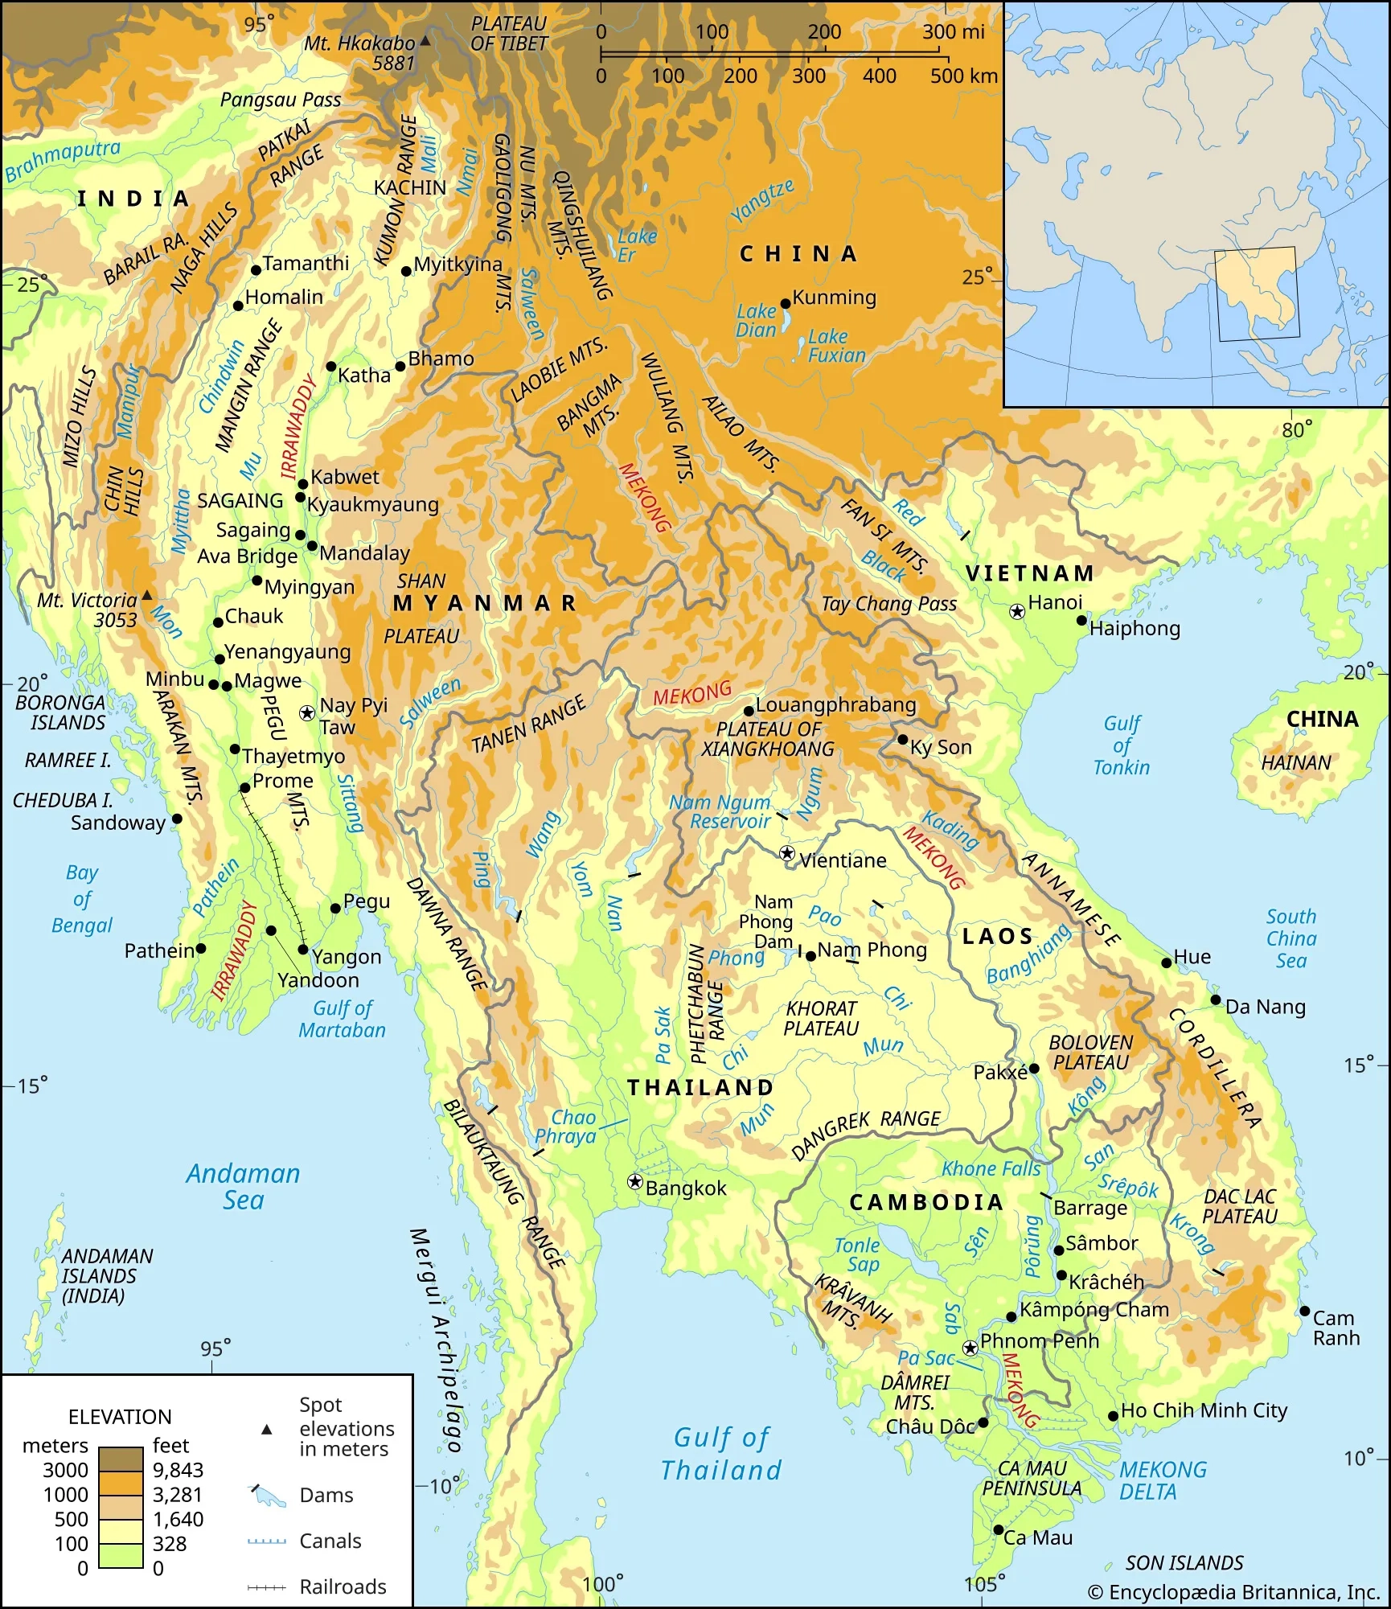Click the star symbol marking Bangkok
635,1181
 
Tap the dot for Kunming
786,304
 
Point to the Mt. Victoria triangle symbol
147,596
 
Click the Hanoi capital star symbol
1017,611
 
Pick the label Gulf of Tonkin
1122,745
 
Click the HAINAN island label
1296,762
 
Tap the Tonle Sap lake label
857,1254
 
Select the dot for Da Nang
1216,1000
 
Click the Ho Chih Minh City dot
1113,1416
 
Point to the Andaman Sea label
243,1187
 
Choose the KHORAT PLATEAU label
821,1018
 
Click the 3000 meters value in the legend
65,1470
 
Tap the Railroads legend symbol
266,1587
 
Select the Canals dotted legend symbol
266,1541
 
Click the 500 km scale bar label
963,76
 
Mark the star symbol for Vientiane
787,853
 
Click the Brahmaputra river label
63,161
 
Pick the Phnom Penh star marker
970,1348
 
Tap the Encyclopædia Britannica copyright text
1233,1592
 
